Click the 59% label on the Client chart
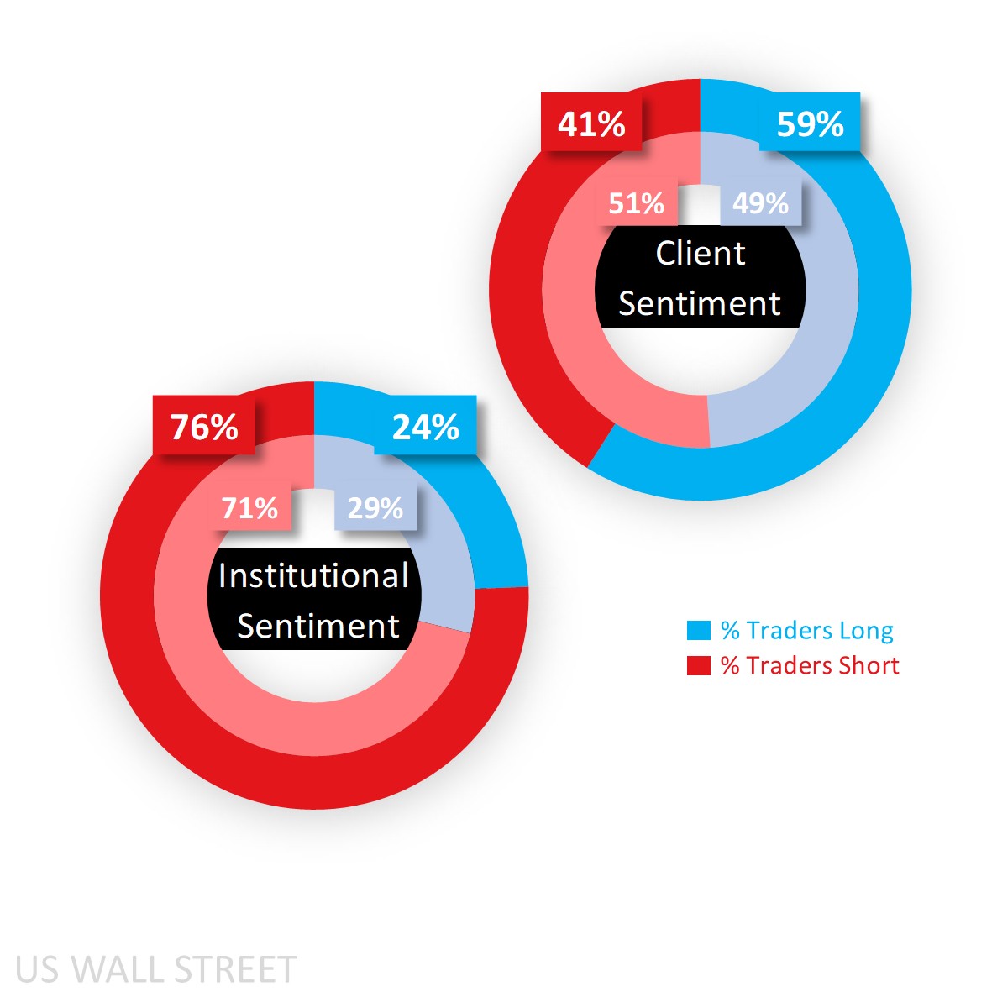(810, 124)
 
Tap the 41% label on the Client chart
(591, 124)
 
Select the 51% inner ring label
(636, 203)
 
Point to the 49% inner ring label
(760, 203)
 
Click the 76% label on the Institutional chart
(204, 428)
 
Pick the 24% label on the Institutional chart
(425, 428)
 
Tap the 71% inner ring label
(249, 508)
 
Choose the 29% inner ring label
(375, 508)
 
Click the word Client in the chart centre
(700, 254)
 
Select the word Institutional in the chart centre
(313, 576)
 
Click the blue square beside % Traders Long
(699, 631)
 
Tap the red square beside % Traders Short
(699, 665)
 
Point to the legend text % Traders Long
(806, 631)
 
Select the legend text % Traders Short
(810, 665)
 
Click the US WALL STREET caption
(156, 969)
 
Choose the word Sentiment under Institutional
(318, 627)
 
